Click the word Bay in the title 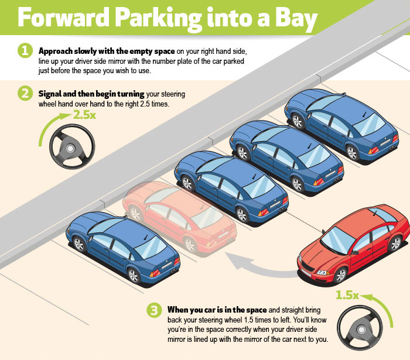pyautogui.click(x=291, y=20)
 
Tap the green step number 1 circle pyautogui.click(x=25, y=51)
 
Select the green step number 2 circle pyautogui.click(x=25, y=93)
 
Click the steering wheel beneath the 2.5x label pyautogui.click(x=70, y=146)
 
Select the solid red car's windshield pyautogui.click(x=338, y=240)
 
